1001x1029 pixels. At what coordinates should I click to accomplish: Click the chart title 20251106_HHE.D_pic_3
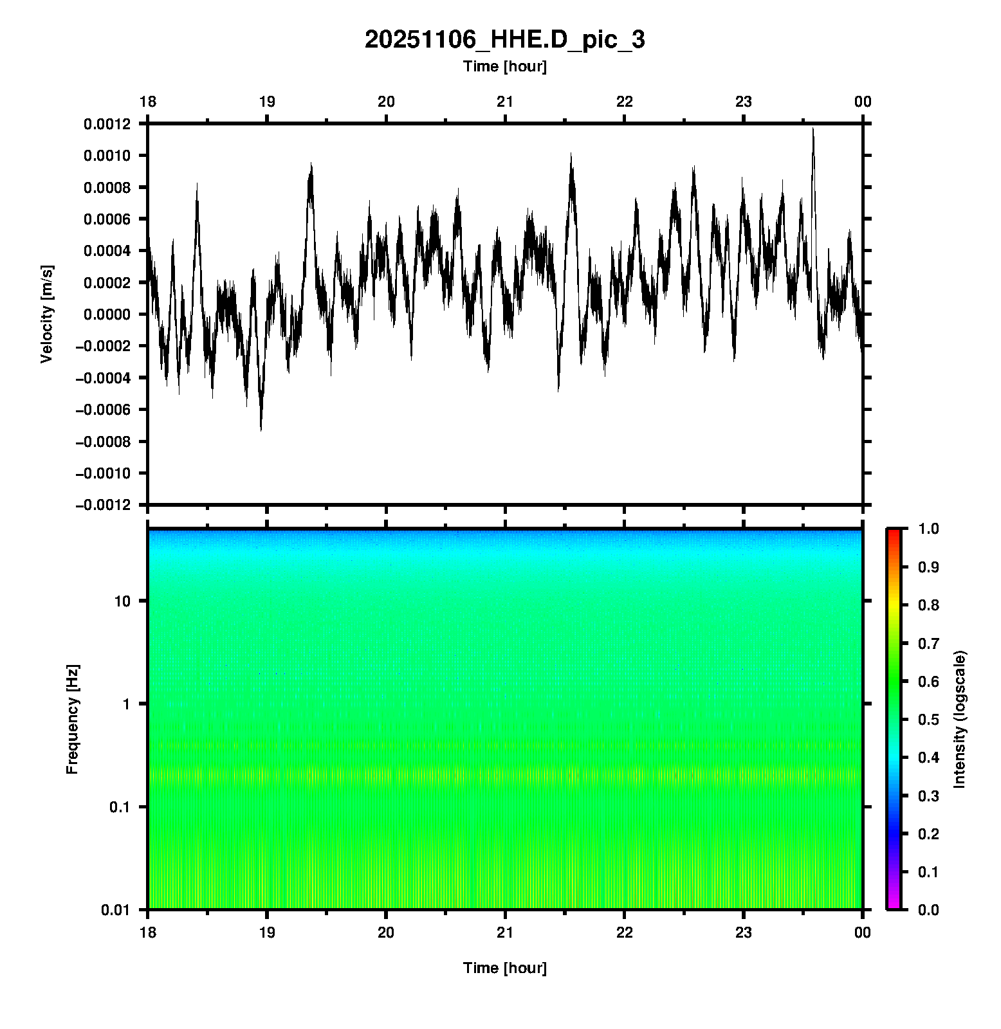pyautogui.click(x=504, y=40)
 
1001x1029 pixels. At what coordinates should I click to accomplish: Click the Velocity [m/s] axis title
pyautogui.click(x=46, y=314)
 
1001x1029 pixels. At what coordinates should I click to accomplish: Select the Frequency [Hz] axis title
pyautogui.click(x=72, y=720)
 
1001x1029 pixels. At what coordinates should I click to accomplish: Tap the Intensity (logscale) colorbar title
pyautogui.click(x=960, y=719)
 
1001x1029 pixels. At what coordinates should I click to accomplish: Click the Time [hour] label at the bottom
pyautogui.click(x=504, y=968)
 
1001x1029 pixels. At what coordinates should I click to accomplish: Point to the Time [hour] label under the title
pyautogui.click(x=504, y=66)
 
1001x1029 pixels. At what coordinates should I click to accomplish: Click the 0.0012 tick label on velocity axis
pyautogui.click(x=106, y=124)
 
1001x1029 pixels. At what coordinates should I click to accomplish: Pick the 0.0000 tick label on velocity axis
pyautogui.click(x=106, y=314)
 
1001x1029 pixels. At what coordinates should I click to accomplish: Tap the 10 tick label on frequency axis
pyautogui.click(x=122, y=601)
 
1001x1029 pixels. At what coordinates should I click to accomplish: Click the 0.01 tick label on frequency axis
pyautogui.click(x=116, y=910)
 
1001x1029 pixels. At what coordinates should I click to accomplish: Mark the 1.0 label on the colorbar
pyautogui.click(x=929, y=529)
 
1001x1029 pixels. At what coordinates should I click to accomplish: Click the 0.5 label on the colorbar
pyautogui.click(x=929, y=719)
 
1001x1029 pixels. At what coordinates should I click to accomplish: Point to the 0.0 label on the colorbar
pyautogui.click(x=929, y=909)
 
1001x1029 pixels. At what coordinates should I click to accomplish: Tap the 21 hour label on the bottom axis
pyautogui.click(x=505, y=933)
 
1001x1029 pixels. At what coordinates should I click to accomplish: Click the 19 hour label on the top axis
pyautogui.click(x=266, y=102)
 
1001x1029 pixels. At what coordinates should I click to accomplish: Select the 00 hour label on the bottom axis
pyautogui.click(x=862, y=933)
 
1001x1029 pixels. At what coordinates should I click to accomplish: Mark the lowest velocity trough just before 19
pyautogui.click(x=261, y=429)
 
